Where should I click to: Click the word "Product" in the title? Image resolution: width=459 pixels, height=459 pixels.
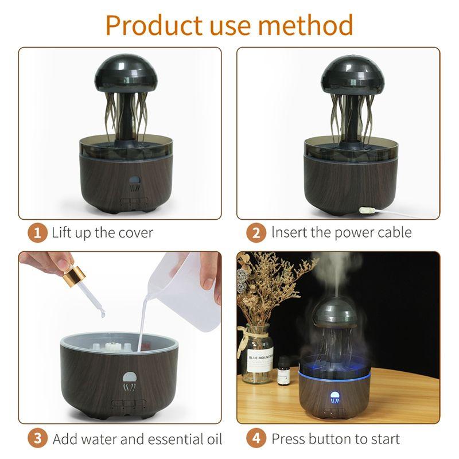tap(154, 25)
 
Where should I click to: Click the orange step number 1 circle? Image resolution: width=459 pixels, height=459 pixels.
tap(37, 233)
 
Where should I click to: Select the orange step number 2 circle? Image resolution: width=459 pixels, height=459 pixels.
tap(256, 233)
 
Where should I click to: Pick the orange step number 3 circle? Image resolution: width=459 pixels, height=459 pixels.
tap(37, 439)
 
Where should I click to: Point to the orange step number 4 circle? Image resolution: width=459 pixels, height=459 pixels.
tap(256, 439)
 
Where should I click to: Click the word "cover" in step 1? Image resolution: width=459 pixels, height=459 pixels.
tap(135, 234)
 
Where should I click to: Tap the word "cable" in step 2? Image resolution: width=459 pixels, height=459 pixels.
tap(395, 233)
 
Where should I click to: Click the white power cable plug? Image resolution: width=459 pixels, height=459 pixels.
tap(368, 210)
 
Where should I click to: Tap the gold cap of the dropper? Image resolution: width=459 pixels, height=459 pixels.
tap(74, 275)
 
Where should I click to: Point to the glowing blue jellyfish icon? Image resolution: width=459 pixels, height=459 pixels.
tap(334, 398)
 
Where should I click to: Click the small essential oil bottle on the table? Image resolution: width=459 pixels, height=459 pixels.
tap(283, 370)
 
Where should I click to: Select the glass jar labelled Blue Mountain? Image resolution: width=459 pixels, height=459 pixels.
tap(257, 353)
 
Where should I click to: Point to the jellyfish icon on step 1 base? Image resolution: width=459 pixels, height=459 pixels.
tap(135, 184)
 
